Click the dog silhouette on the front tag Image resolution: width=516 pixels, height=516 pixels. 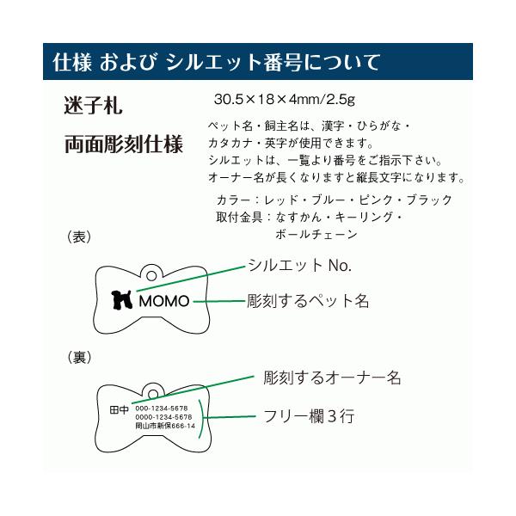122,300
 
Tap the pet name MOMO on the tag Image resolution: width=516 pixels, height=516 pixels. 164,301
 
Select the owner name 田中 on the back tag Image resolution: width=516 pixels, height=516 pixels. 119,410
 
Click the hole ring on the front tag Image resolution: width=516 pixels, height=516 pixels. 151,276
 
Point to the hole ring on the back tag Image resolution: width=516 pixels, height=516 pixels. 153,394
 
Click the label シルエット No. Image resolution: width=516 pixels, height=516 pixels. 300,265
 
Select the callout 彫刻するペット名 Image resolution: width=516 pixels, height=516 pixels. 308,301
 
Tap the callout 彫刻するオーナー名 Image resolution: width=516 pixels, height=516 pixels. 332,378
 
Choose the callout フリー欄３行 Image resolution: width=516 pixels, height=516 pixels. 309,416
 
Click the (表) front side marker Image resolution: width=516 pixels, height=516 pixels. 79,237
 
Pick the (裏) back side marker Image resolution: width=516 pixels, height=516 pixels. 79,358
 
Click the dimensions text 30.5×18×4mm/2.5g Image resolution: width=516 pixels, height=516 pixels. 285,99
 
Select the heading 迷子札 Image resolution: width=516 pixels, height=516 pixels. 93,105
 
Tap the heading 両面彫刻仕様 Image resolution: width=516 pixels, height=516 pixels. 123,144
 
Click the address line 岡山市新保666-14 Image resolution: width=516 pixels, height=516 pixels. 165,426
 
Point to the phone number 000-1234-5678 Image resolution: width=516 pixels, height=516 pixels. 162,408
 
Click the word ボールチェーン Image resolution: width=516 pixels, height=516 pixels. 316,234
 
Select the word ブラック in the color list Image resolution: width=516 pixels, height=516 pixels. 429,200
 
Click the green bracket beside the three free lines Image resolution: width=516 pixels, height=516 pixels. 203,418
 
